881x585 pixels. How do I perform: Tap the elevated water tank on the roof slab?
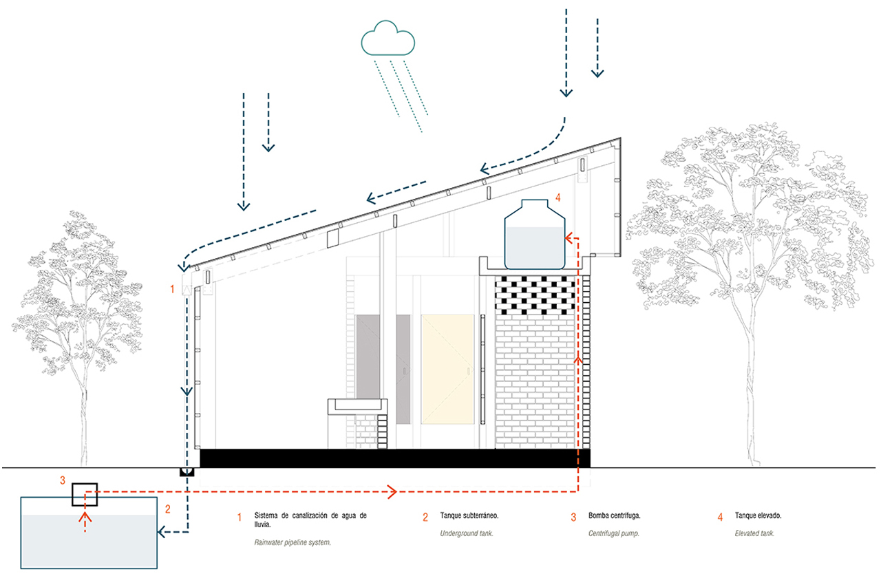[535, 234]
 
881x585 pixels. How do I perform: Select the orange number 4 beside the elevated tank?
[558, 198]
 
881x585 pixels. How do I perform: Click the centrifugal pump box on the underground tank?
[85, 494]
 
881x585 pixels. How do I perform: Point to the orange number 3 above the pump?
[63, 480]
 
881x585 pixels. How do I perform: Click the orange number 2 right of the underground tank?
[167, 510]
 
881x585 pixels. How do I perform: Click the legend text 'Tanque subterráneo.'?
[469, 515]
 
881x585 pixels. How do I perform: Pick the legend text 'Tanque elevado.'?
[758, 515]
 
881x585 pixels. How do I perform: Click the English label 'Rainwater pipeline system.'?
[293, 542]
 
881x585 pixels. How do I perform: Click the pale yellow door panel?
[447, 368]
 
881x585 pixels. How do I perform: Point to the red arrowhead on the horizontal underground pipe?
[393, 491]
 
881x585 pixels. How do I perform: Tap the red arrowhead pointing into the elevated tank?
[569, 238]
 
